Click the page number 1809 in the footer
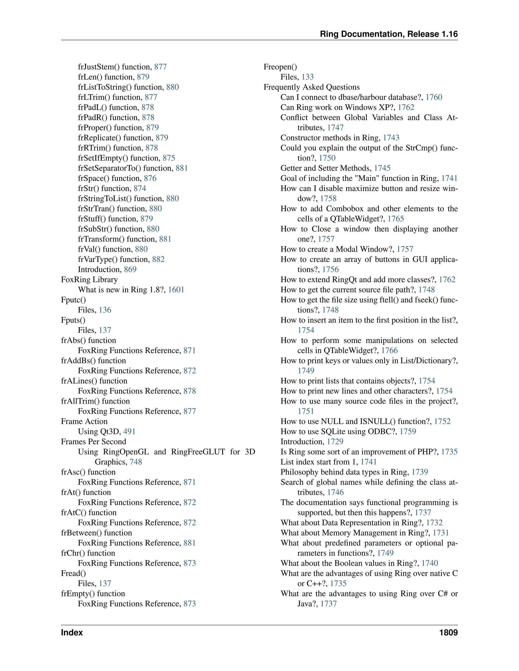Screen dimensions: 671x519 click(448, 633)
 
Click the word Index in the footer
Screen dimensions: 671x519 click(72, 633)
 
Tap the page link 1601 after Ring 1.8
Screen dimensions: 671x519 click(176, 290)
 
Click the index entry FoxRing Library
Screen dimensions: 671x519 click(89, 280)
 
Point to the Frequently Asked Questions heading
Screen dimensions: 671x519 click(311, 87)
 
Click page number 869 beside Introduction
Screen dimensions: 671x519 click(130, 269)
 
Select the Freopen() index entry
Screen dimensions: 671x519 click(280, 67)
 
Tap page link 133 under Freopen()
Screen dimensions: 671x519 click(307, 77)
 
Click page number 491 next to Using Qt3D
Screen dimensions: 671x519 click(129, 432)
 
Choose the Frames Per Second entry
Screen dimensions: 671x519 click(94, 442)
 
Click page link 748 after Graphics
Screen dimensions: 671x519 click(136, 462)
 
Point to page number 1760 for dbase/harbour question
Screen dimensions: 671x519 click(434, 97)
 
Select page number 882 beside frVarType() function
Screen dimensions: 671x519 click(158, 259)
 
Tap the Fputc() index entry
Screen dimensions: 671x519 click(73, 300)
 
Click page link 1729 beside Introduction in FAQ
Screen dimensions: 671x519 click(335, 442)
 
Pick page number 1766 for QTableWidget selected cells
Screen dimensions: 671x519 click(390, 350)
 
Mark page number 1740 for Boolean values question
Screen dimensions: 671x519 click(430, 563)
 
